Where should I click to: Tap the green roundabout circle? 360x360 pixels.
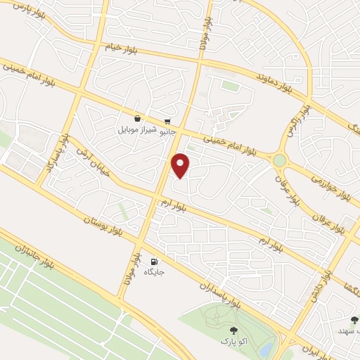[280, 161]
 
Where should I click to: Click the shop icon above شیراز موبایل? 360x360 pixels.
[137, 119]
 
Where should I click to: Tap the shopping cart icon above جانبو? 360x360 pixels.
[167, 120]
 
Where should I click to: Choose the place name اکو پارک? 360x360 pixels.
[233, 342]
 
